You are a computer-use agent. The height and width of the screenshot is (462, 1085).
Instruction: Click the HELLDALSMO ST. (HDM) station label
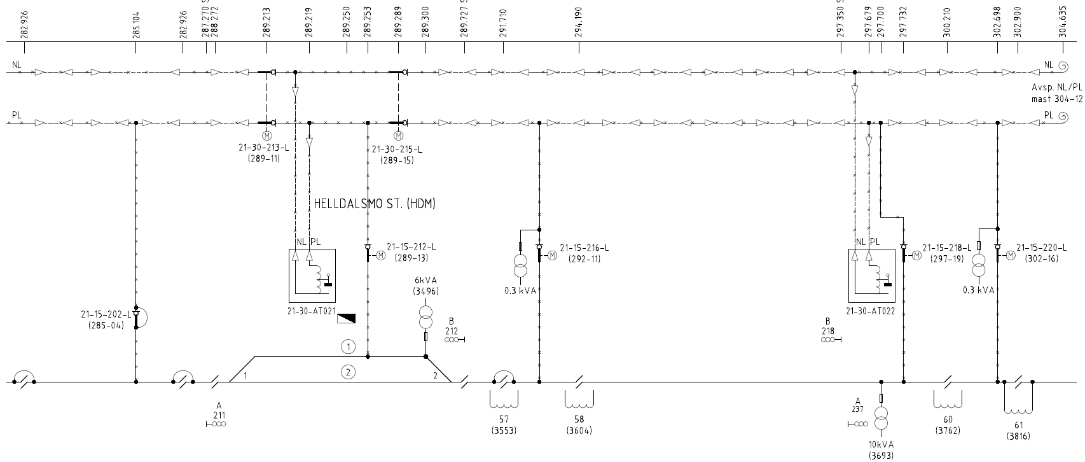point(375,204)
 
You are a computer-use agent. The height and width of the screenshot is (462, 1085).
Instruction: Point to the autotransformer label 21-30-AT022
point(871,311)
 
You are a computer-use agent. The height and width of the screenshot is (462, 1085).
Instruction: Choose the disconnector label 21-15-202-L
point(106,314)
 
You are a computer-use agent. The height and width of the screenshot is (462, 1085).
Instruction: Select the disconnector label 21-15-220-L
point(1041,248)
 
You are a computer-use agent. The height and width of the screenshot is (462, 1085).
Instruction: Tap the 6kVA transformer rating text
point(425,281)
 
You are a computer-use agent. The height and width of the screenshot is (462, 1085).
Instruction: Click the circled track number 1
point(348,347)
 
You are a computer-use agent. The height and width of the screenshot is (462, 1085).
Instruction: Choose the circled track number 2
point(348,372)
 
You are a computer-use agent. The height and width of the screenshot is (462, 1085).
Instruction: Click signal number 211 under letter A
point(219,414)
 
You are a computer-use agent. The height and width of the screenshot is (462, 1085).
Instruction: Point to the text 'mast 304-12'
point(1057,99)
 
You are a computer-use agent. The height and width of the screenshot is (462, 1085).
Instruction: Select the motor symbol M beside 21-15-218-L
point(916,256)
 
